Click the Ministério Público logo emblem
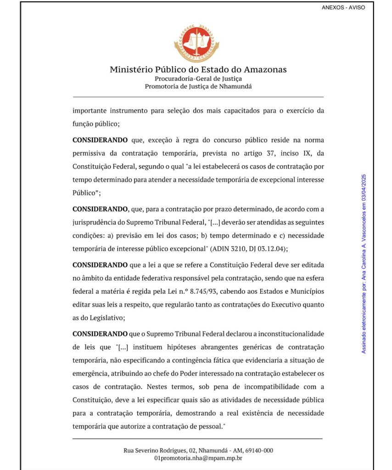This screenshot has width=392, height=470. coord(196,44)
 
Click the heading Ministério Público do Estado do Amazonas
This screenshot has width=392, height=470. coord(198,70)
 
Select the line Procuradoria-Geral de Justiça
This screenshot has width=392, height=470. coord(198,78)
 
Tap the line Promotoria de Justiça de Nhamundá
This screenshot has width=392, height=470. coord(198,86)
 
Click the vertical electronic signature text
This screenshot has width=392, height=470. coord(364,263)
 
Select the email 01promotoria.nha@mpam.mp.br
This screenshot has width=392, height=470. coord(198,458)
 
